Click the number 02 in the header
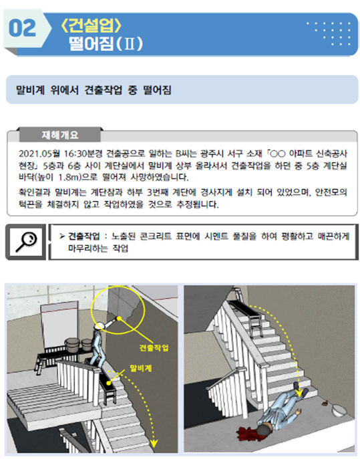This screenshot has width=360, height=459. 22,28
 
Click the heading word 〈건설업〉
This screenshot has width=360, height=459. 91,25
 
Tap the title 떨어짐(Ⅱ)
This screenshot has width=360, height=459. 106,43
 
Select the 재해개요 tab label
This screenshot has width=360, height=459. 60,135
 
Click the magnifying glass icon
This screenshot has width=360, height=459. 26,242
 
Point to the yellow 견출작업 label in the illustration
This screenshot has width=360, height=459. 154,348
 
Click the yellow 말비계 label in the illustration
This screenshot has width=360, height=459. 141,368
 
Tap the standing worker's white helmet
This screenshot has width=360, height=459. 99,326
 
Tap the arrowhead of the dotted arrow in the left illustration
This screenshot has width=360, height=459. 154,444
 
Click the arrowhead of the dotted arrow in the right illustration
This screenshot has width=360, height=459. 299,393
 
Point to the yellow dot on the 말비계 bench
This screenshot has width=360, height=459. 109,383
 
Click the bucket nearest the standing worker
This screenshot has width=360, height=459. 87,345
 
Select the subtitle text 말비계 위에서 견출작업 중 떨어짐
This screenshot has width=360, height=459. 94,90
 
